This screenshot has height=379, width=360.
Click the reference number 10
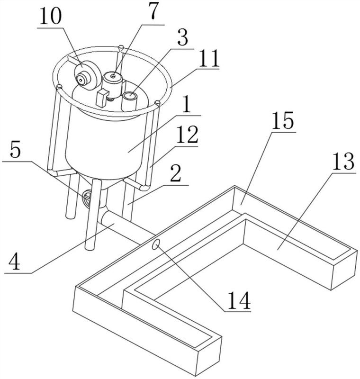51,16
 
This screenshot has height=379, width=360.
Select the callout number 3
182,37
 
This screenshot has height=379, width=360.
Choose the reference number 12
187,135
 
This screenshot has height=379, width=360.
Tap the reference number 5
15,150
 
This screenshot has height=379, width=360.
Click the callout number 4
14,262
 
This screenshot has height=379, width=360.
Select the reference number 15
283,120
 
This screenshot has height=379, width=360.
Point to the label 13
343,161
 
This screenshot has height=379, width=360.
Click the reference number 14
239,300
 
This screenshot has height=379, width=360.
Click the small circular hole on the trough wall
156,244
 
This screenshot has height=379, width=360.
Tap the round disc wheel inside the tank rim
87,75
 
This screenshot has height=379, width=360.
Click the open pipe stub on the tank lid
129,101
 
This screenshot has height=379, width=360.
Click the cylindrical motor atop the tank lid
113,85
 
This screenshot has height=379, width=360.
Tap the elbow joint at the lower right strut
144,187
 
